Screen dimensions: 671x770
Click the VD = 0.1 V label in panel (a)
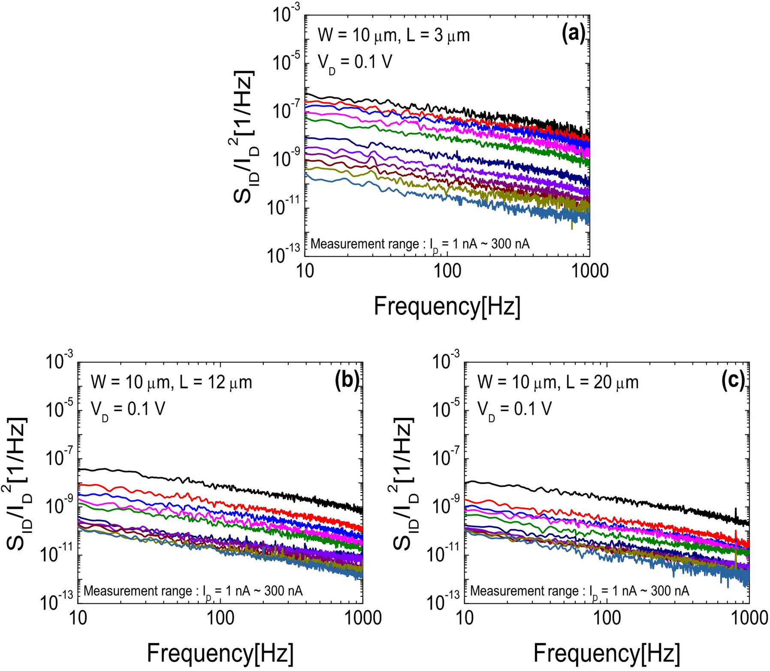(354, 63)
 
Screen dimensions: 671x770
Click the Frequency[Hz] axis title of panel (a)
(447, 306)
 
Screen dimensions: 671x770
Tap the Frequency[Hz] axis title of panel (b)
(220, 653)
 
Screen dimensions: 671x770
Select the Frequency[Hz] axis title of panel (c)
(607, 653)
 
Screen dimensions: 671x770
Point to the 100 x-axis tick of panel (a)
(447, 271)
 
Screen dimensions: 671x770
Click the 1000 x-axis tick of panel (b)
(363, 618)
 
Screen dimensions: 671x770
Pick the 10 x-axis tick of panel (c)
(464, 618)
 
